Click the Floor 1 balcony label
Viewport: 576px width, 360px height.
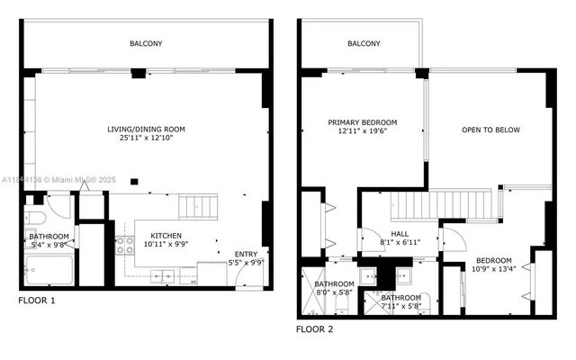click(147, 42)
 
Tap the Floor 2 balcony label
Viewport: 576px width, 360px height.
click(364, 43)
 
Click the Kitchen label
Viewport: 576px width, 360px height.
click(166, 236)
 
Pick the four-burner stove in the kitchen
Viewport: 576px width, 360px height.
click(124, 247)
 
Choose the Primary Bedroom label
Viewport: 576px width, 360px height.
click(362, 122)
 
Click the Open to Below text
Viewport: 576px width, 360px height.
click(490, 130)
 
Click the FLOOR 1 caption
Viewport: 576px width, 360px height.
click(37, 301)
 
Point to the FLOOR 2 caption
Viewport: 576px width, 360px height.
click(315, 329)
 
